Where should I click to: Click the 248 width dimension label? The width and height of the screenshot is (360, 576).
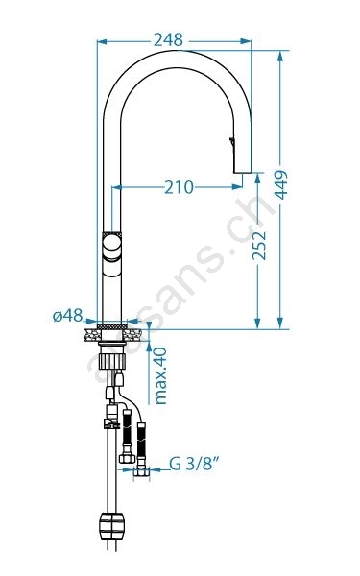[x=168, y=39]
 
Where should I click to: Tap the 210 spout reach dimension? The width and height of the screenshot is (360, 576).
[x=179, y=187]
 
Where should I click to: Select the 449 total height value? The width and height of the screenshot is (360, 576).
[x=281, y=184]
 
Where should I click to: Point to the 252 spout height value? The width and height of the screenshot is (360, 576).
[x=259, y=246]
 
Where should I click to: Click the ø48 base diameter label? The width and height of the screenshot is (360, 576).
[x=67, y=316]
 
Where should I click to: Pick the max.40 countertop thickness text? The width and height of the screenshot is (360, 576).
[x=160, y=376]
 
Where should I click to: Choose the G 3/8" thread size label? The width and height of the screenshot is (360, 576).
[x=194, y=464]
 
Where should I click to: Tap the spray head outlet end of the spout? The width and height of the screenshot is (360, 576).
[x=243, y=171]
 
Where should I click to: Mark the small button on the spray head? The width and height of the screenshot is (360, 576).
[x=231, y=141]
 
